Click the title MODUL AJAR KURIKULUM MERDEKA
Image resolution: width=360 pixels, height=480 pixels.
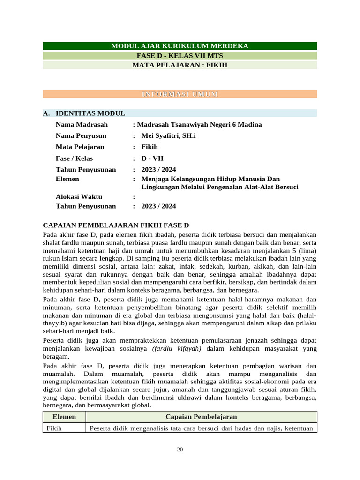[x=180, y=46]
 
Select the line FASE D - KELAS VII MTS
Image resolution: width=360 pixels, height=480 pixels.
[x=180, y=56]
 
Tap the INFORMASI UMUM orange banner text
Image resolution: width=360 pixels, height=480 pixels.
[x=180, y=94]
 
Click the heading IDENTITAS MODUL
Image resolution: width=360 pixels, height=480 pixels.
[x=90, y=113]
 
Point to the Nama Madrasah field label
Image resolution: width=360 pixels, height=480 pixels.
[x=82, y=125]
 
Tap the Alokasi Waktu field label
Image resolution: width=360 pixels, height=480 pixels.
[x=79, y=197]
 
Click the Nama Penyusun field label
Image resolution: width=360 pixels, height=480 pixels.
[x=81, y=136]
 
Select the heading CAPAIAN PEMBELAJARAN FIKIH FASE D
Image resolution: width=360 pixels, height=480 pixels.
[x=115, y=225]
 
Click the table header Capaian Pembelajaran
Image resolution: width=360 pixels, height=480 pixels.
[x=201, y=417]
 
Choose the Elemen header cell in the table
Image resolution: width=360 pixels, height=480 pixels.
[x=64, y=417]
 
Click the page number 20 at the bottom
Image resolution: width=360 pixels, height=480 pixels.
[x=180, y=450]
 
